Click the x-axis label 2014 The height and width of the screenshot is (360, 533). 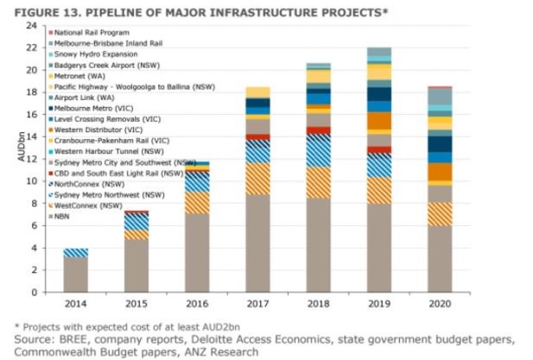point(75,305)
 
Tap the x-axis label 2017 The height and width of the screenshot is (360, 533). point(258,305)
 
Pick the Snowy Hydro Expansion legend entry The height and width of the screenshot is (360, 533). point(93,53)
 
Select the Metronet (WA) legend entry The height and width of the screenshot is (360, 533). point(81,75)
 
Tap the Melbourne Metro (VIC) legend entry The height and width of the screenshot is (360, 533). point(93,108)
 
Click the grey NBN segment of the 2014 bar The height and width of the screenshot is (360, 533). point(75,275)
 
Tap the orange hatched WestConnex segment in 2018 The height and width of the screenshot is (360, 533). point(319,182)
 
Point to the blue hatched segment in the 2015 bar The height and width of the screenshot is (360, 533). point(136,221)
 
